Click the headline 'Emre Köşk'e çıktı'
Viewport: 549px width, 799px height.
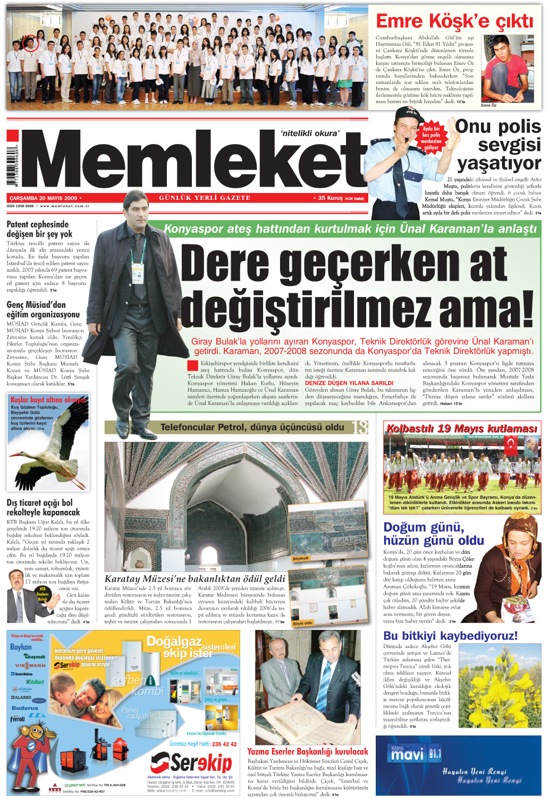pyautogui.click(x=454, y=21)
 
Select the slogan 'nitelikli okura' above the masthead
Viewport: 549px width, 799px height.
pyautogui.click(x=309, y=133)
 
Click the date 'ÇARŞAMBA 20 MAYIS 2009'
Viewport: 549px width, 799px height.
pyautogui.click(x=44, y=198)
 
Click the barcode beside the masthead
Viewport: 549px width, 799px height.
pyautogui.click(x=12, y=165)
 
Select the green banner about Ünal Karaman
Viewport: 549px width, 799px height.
pyautogui.click(x=350, y=229)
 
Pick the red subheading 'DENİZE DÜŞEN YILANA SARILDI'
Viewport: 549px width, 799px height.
pyautogui.click(x=349, y=383)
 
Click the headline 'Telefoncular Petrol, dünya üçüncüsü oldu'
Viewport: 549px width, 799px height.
pyautogui.click(x=252, y=427)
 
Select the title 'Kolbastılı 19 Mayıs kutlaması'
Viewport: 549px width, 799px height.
pyautogui.click(x=461, y=428)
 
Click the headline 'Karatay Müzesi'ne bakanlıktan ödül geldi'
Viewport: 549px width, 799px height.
pyautogui.click(x=195, y=578)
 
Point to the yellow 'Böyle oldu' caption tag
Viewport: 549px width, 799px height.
pyautogui.click(x=302, y=623)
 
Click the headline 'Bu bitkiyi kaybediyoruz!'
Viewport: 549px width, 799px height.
pyautogui.click(x=450, y=636)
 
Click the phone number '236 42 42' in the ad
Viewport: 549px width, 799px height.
pyautogui.click(x=224, y=744)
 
